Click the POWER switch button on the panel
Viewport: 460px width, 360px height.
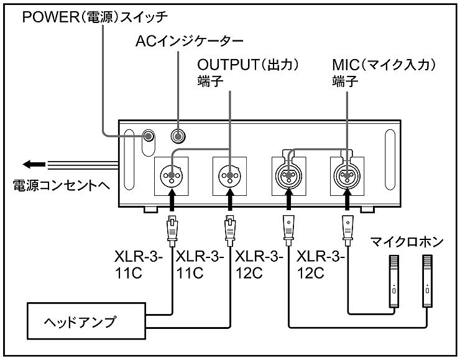(x=149, y=136)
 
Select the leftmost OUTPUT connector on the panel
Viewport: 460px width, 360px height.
(x=172, y=175)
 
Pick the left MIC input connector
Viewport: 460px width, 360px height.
(x=288, y=175)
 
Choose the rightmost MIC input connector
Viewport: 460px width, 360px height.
(x=346, y=175)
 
